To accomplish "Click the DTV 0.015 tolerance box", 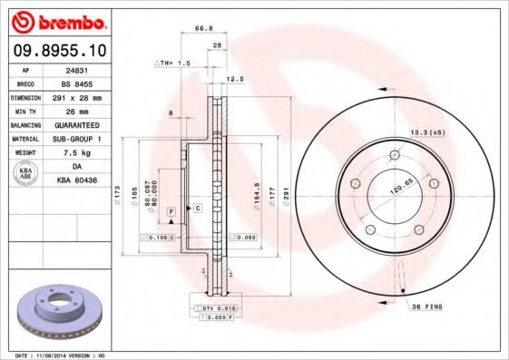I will pos(211,309).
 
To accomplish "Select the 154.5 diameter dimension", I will pos(256,193).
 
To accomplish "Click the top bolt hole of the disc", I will pos(395,156).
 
